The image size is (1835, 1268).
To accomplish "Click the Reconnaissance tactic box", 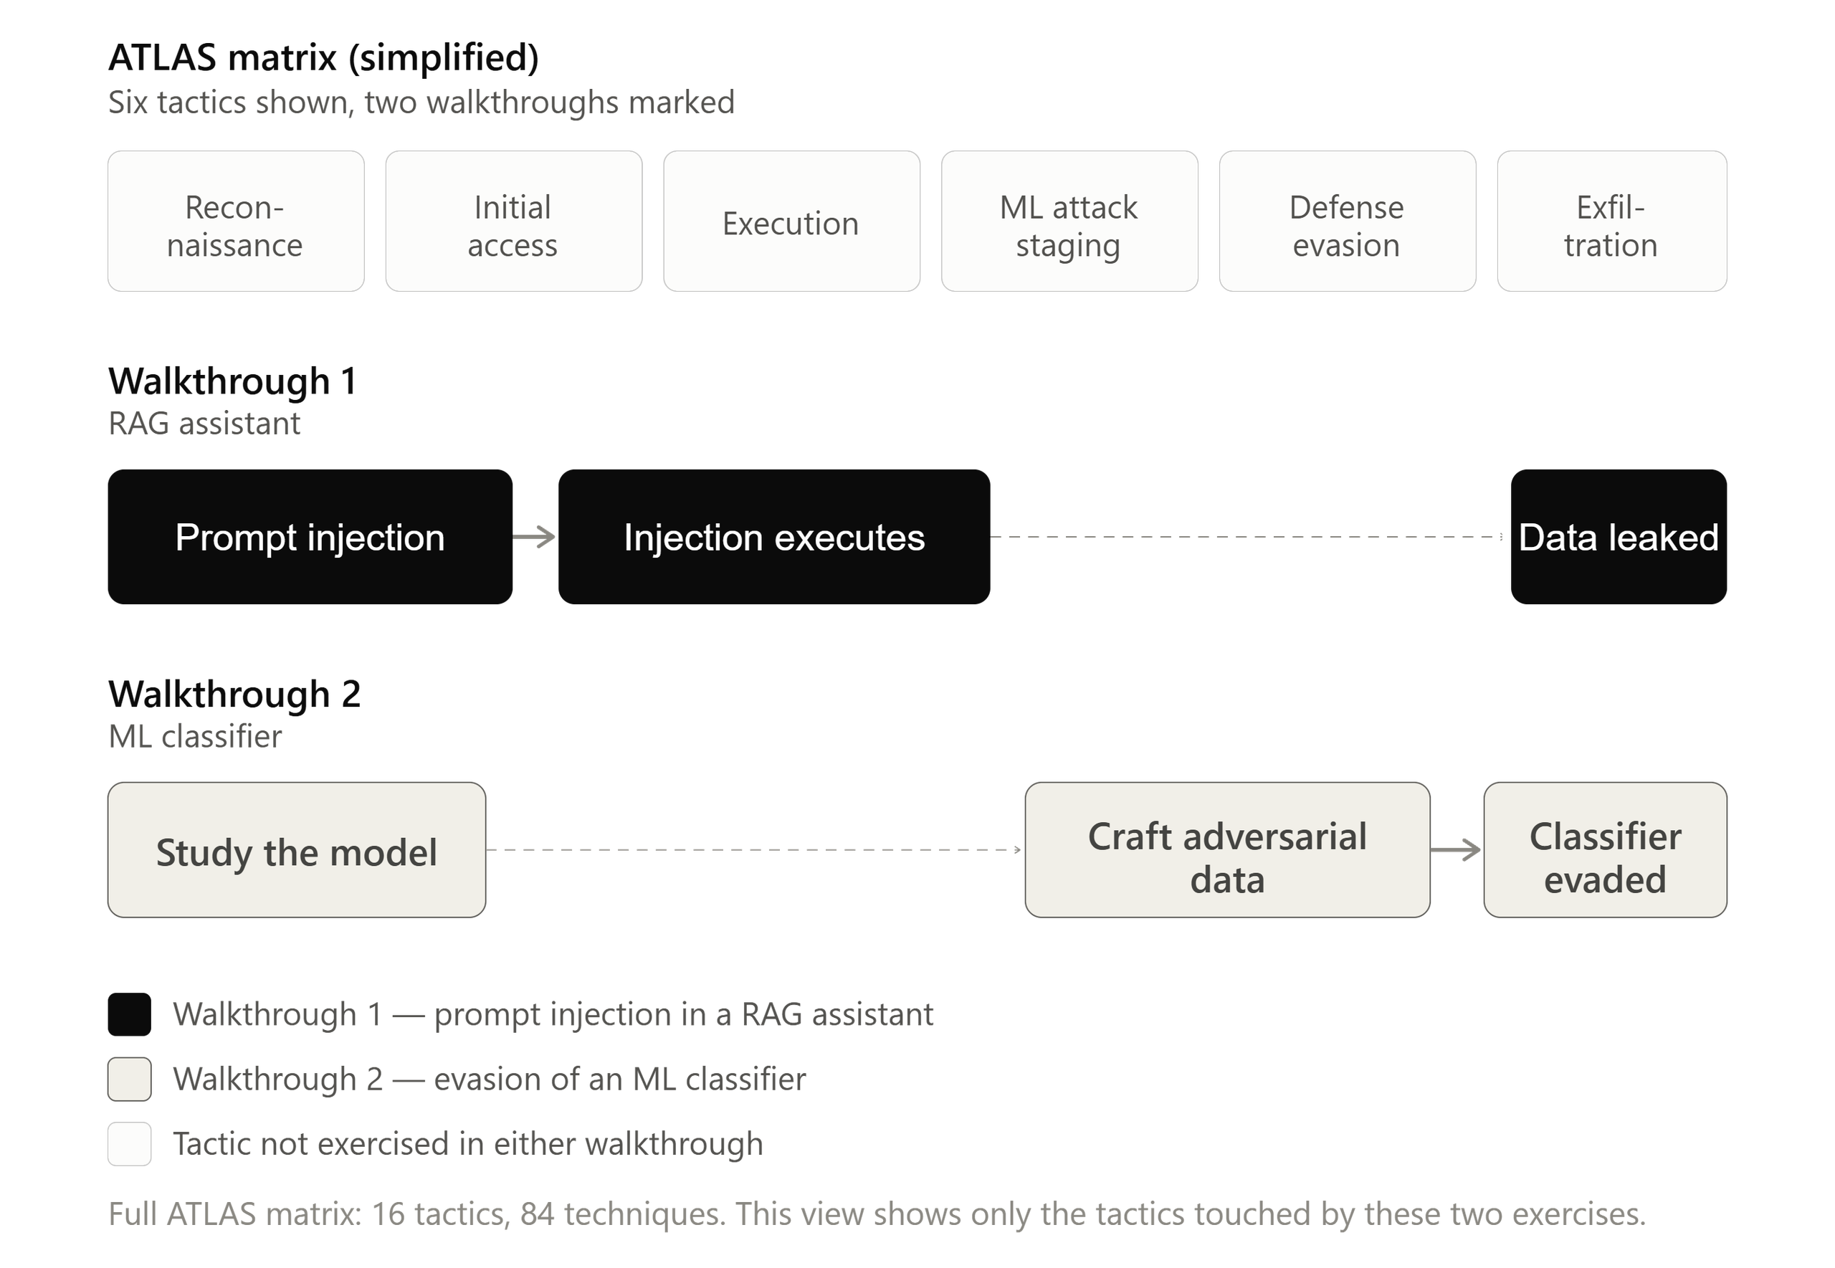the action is (x=236, y=221).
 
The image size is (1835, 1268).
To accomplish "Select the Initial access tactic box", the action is (x=514, y=221).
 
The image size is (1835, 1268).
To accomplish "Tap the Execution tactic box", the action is (x=792, y=221).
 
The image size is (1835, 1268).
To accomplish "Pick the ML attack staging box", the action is (x=1070, y=221).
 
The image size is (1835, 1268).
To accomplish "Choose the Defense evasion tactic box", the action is (x=1348, y=221).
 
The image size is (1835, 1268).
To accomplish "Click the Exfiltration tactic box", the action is (x=1613, y=221).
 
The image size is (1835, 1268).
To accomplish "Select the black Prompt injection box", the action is (x=310, y=537).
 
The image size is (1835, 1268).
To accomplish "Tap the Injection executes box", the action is (x=775, y=537).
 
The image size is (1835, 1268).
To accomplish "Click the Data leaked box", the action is (x=1619, y=537).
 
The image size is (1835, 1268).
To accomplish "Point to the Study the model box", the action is (x=297, y=850).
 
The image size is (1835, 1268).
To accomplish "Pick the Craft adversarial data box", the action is (x=1228, y=850).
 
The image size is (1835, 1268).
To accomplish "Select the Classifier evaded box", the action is (x=1606, y=850).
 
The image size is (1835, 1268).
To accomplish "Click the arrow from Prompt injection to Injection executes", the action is (x=535, y=537).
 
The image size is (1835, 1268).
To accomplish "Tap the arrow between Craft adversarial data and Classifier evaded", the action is (x=1456, y=850).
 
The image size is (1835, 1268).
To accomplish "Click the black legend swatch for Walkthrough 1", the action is (x=130, y=1014).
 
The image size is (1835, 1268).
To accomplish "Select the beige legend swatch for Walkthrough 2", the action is (x=130, y=1079).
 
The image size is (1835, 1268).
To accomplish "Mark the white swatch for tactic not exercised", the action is (x=130, y=1144).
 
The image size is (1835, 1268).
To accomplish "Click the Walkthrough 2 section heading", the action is (x=234, y=695).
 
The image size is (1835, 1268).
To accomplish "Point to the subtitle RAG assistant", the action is (x=205, y=424).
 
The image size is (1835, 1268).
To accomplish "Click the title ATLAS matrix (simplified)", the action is (x=324, y=58).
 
